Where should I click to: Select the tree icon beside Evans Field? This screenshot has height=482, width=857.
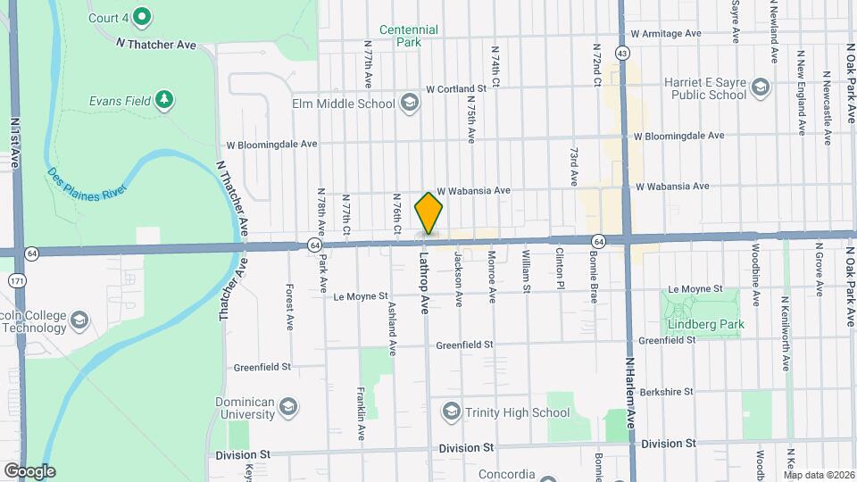point(163,100)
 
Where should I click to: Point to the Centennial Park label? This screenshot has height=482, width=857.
point(408,36)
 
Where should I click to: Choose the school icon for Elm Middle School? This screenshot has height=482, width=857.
point(409,104)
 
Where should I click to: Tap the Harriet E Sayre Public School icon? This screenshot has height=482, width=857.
point(760,87)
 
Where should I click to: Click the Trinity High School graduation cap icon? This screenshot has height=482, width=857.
point(451,411)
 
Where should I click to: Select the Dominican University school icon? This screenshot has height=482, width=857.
point(288,408)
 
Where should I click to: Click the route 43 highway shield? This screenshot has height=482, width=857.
point(622,54)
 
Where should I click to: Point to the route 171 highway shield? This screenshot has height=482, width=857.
point(16,280)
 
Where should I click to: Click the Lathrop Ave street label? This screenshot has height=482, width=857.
point(425,280)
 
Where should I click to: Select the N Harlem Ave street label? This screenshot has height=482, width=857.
point(630,393)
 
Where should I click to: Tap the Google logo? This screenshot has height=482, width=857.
point(29,470)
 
